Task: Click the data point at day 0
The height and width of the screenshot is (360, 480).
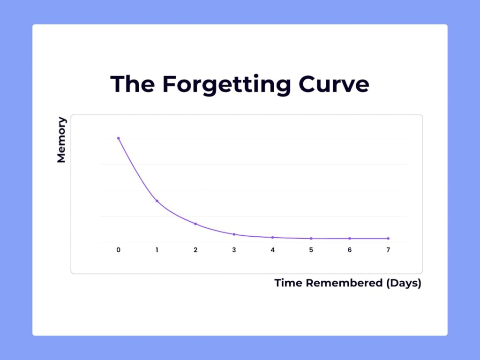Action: tap(118, 138)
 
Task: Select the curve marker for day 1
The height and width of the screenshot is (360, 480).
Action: tap(157, 201)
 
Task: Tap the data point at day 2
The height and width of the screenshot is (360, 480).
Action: tap(195, 224)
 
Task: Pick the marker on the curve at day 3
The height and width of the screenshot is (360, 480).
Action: tap(234, 234)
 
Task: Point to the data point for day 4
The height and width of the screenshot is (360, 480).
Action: tap(272, 238)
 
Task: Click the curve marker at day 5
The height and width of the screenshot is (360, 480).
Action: tap(311, 239)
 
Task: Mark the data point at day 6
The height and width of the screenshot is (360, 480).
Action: tap(350, 239)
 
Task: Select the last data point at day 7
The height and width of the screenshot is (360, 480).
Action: tap(388, 239)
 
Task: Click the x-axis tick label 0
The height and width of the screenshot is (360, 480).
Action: tap(118, 250)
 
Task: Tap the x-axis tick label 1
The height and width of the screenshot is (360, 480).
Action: tap(157, 250)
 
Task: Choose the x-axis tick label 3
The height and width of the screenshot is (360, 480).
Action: tap(234, 250)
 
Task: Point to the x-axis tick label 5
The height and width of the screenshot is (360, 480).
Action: tap(311, 250)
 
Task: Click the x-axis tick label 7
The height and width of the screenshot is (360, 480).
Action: tap(388, 250)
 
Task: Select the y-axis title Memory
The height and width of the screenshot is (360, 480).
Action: tap(61, 140)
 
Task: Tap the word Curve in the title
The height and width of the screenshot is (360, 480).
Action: tap(334, 84)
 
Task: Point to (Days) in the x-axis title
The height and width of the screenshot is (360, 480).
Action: tap(404, 284)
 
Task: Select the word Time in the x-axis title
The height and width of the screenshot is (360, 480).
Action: tap(288, 283)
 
